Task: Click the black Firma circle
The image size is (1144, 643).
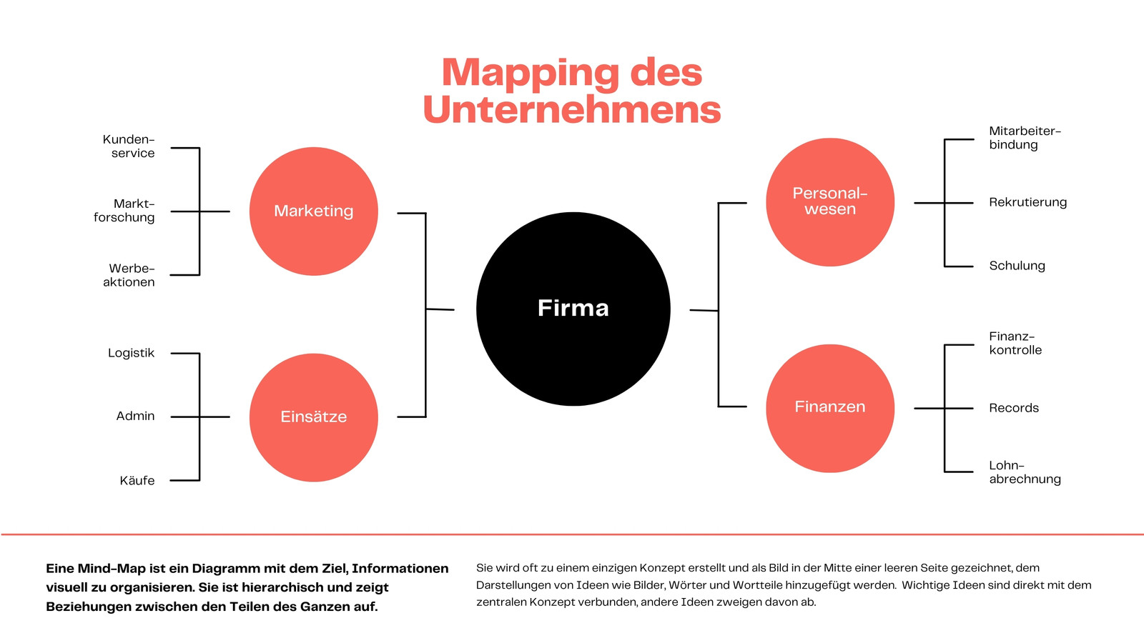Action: tap(573, 309)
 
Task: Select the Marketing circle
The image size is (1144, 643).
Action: tap(314, 211)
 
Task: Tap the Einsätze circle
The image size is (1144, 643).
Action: tap(314, 417)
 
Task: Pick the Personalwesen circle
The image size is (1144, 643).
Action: tap(830, 202)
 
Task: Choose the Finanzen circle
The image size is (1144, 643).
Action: tap(830, 408)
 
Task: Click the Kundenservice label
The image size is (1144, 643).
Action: tap(128, 146)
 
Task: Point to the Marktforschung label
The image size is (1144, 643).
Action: tap(124, 211)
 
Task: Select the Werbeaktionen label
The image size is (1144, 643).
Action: tap(129, 275)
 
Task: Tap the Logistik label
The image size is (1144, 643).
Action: tap(132, 353)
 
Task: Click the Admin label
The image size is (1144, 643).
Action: tap(135, 416)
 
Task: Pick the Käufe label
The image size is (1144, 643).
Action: tap(137, 480)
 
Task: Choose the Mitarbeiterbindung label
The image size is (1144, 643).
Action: tap(1025, 138)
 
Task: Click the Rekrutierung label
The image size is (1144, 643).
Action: tap(1027, 203)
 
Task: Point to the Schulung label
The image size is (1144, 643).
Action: tap(1017, 266)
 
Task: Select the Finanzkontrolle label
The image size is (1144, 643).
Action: tap(1015, 343)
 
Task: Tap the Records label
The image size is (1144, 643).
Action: tap(1014, 408)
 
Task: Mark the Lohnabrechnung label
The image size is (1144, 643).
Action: tap(1025, 472)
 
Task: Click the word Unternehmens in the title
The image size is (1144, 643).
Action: tap(572, 109)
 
